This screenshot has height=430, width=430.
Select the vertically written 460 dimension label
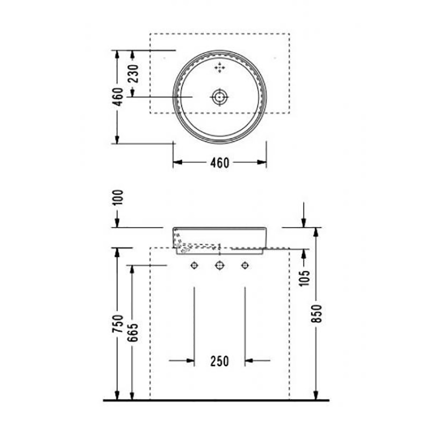click(118, 97)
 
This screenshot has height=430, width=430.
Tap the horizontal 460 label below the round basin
click(220, 163)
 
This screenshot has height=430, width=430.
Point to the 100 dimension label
click(118, 197)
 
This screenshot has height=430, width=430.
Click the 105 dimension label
click(304, 278)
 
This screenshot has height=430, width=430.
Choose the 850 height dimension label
click(316, 313)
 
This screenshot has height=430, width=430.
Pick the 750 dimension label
click(118, 324)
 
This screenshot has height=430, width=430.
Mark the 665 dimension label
click(133, 333)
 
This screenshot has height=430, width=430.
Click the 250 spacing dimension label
click(220, 361)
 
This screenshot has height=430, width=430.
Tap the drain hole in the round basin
click(220, 97)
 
